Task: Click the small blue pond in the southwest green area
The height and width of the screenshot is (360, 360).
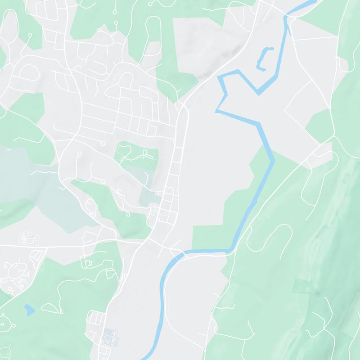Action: click(x=29, y=309)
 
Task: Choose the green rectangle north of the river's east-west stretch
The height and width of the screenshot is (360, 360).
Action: click(x=208, y=237)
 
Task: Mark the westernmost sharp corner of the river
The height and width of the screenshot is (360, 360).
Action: click(x=216, y=111)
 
